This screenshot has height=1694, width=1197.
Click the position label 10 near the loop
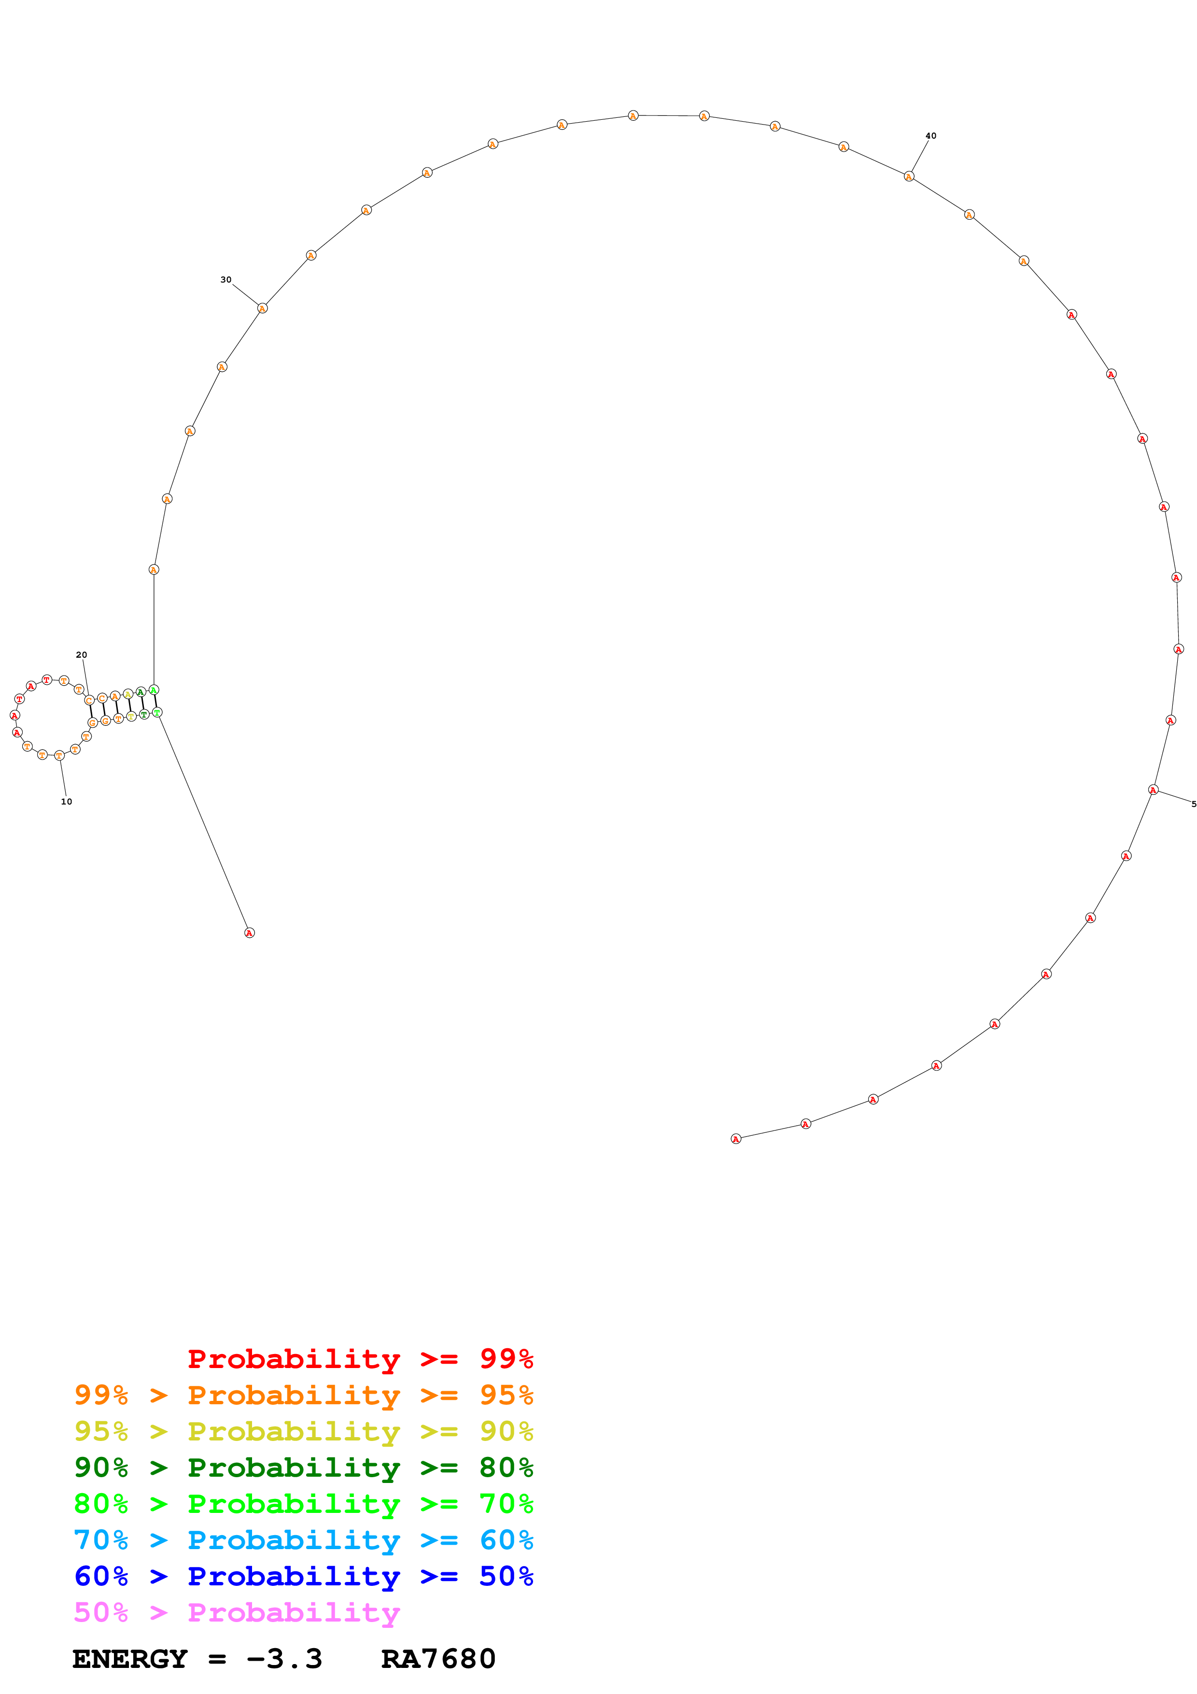[x=66, y=801]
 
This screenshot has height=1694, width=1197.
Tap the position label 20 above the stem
[x=81, y=654]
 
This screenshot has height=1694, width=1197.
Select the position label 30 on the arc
[x=225, y=280]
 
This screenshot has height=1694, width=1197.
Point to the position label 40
[x=931, y=136]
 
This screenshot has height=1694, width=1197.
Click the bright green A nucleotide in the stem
[x=154, y=690]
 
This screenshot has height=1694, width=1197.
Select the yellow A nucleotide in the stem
[x=127, y=693]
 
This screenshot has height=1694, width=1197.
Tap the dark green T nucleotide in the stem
[x=144, y=714]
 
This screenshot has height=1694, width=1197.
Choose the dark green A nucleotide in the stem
[x=140, y=692]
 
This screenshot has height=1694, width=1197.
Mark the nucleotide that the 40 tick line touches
[x=909, y=176]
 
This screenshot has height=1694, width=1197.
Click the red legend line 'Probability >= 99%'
[x=360, y=1359]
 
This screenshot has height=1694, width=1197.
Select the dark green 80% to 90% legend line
[x=303, y=1468]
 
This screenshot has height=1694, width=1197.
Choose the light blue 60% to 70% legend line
[x=303, y=1540]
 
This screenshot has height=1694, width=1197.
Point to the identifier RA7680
[x=438, y=1659]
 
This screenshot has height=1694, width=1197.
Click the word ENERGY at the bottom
[x=130, y=1659]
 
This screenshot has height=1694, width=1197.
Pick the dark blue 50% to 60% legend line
[x=303, y=1577]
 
